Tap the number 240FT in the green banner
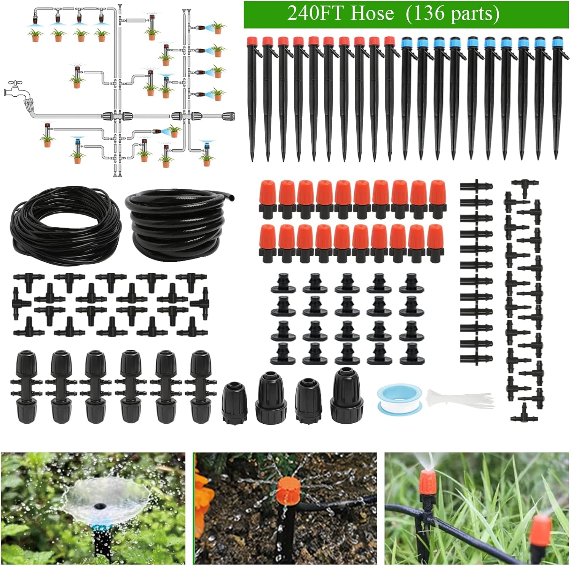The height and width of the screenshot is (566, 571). [x=317, y=14]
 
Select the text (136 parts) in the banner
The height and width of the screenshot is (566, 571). [x=453, y=14]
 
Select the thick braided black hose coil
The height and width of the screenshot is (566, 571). [x=179, y=222]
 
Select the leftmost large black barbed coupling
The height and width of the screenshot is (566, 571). [x=27, y=387]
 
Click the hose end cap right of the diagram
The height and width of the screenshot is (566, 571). [x=227, y=116]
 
